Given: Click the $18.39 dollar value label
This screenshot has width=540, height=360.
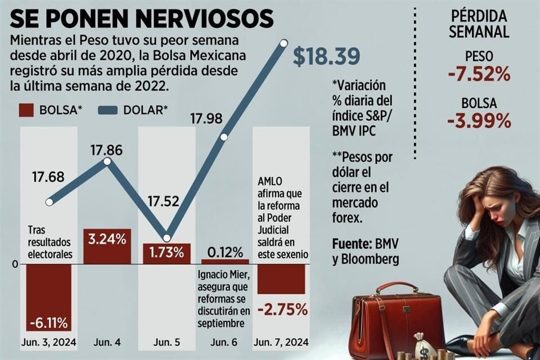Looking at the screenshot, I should click(x=326, y=57).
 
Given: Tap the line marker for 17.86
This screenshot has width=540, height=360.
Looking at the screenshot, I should click(x=107, y=161).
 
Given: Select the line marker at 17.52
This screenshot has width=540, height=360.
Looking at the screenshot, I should click(x=166, y=238).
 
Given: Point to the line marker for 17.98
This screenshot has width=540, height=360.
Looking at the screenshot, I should click(x=224, y=137).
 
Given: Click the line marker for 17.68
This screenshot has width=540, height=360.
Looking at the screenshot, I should click(x=49, y=202).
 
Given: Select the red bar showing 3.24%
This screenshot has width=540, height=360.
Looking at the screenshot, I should click(x=107, y=245).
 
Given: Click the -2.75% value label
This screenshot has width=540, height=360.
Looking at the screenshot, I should click(x=282, y=309).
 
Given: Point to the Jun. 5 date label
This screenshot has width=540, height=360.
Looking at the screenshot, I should click(x=166, y=341).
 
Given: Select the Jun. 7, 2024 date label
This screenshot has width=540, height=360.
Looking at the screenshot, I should click(x=281, y=341).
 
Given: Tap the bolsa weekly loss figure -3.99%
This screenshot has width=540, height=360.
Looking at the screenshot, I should click(x=480, y=120).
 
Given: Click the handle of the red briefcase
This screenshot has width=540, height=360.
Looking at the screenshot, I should click(x=397, y=287).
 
